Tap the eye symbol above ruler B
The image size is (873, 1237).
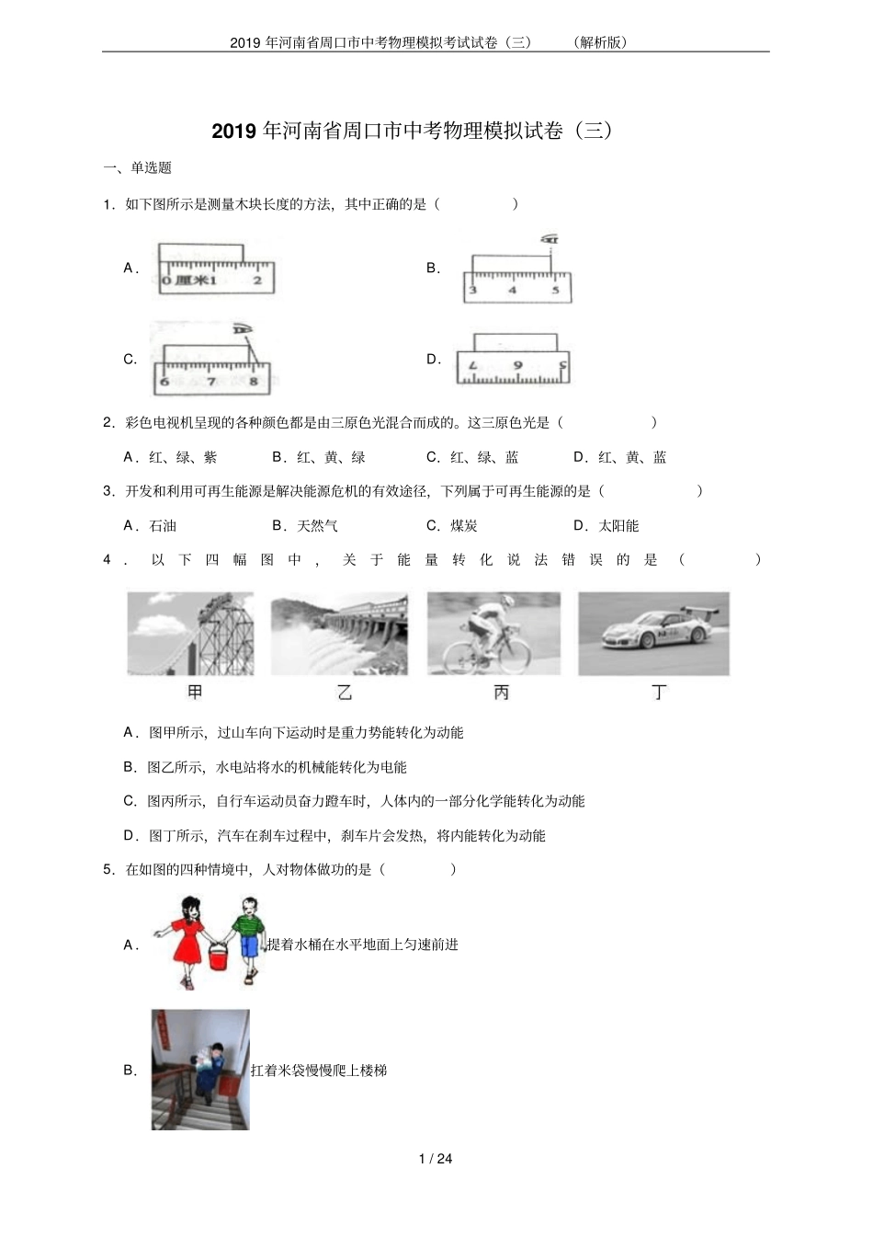(550, 239)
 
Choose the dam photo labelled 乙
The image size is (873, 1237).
(339, 634)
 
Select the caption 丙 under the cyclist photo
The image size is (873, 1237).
(501, 693)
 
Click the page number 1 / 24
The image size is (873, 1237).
(436, 1158)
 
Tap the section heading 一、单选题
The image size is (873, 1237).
(138, 167)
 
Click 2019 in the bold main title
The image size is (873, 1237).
(235, 131)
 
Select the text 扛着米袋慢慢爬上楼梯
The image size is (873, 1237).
(319, 1071)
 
